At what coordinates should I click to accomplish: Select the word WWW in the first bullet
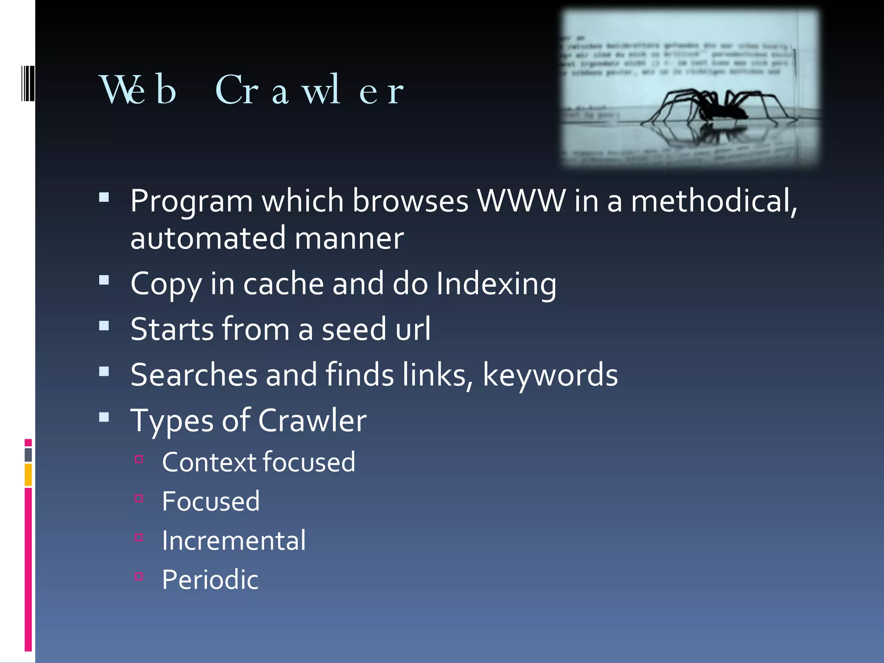tap(521, 201)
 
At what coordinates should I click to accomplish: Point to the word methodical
tap(713, 201)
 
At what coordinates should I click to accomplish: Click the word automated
tap(208, 238)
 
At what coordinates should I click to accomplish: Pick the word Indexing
tap(496, 284)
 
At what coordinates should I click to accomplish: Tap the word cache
tap(283, 284)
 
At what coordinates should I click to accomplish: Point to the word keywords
tap(550, 375)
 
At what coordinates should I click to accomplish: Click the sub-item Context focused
tap(259, 462)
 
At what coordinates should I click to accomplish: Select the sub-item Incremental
tap(234, 540)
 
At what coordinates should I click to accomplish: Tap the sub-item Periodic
tap(210, 580)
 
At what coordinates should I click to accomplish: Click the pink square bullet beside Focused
tap(139, 499)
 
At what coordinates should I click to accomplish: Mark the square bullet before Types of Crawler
tap(104, 417)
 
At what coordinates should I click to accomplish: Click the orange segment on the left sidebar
tap(28, 475)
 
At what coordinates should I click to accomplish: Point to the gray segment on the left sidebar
tap(28, 455)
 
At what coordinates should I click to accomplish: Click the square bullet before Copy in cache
tap(104, 281)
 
